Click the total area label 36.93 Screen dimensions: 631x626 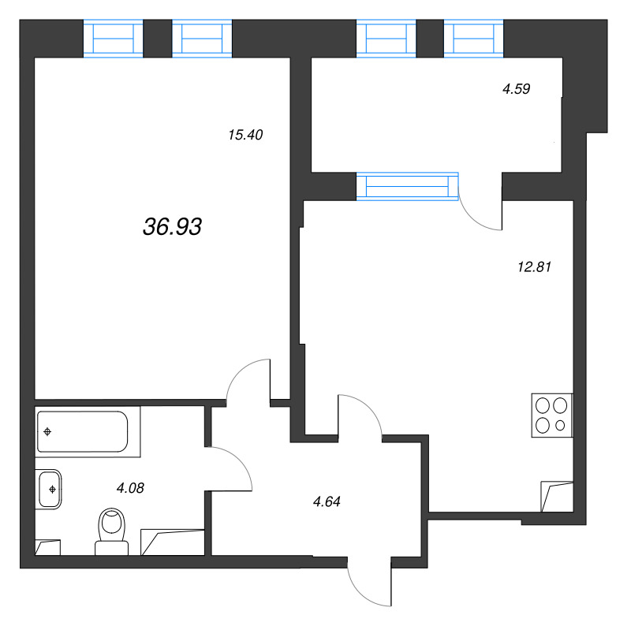172,226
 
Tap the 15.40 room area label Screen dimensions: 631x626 245,135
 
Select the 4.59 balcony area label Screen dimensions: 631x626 517,88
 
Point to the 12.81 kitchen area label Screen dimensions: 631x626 535,266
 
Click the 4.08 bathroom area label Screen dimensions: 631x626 130,488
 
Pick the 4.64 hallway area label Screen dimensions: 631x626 327,501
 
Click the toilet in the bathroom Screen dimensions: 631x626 112,531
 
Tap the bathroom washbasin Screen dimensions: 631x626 50,490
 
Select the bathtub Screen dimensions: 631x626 83,432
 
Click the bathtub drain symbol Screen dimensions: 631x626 47,432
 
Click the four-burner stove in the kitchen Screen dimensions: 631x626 551,415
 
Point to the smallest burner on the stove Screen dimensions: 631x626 560,425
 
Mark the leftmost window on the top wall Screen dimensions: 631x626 113,38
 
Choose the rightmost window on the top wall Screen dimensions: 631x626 474,38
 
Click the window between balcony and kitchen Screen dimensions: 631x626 407,186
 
